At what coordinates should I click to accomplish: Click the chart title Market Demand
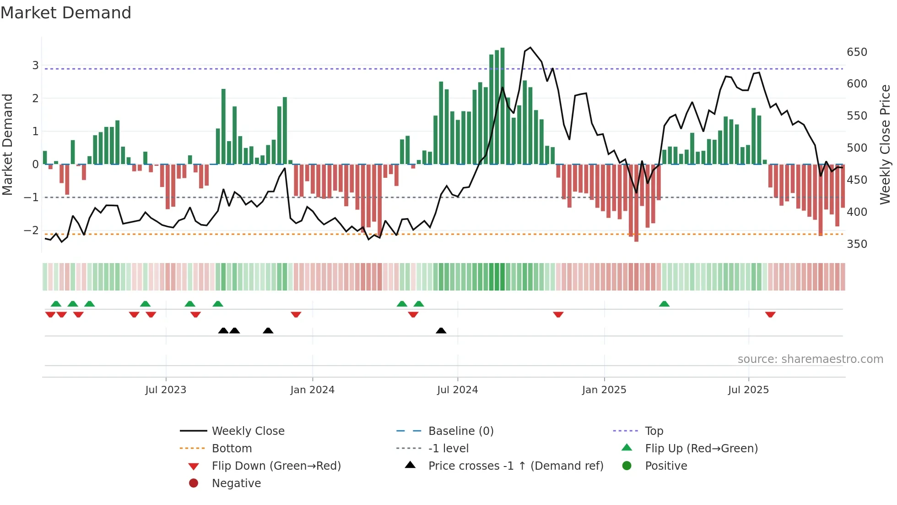pos(66,13)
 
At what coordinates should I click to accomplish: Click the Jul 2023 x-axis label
pos(166,390)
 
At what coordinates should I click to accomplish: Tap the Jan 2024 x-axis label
pos(312,390)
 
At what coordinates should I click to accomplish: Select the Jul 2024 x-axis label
pos(457,390)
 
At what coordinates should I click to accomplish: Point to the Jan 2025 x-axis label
pos(604,390)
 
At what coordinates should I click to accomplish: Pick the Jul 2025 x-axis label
pos(748,390)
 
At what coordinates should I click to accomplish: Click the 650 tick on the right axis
pos(857,52)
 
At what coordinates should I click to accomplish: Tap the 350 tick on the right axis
pos(857,244)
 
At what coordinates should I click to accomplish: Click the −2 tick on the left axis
pos(31,231)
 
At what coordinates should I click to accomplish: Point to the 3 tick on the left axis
pos(35,66)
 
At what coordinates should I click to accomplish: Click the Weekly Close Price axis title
pos(885,144)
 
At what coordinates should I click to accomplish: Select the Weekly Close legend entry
pos(248,431)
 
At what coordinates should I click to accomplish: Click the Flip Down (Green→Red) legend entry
pos(276,466)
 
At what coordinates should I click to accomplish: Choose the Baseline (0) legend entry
pos(460,431)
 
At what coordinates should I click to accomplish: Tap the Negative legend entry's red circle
pos(194,483)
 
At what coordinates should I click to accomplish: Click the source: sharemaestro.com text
pos(810,359)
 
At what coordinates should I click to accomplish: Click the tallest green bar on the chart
pos(503,105)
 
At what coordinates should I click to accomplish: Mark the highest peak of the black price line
pos(530,48)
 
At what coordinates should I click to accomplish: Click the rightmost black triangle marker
pos(441,331)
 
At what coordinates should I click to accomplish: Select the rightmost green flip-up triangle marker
pos(664,304)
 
